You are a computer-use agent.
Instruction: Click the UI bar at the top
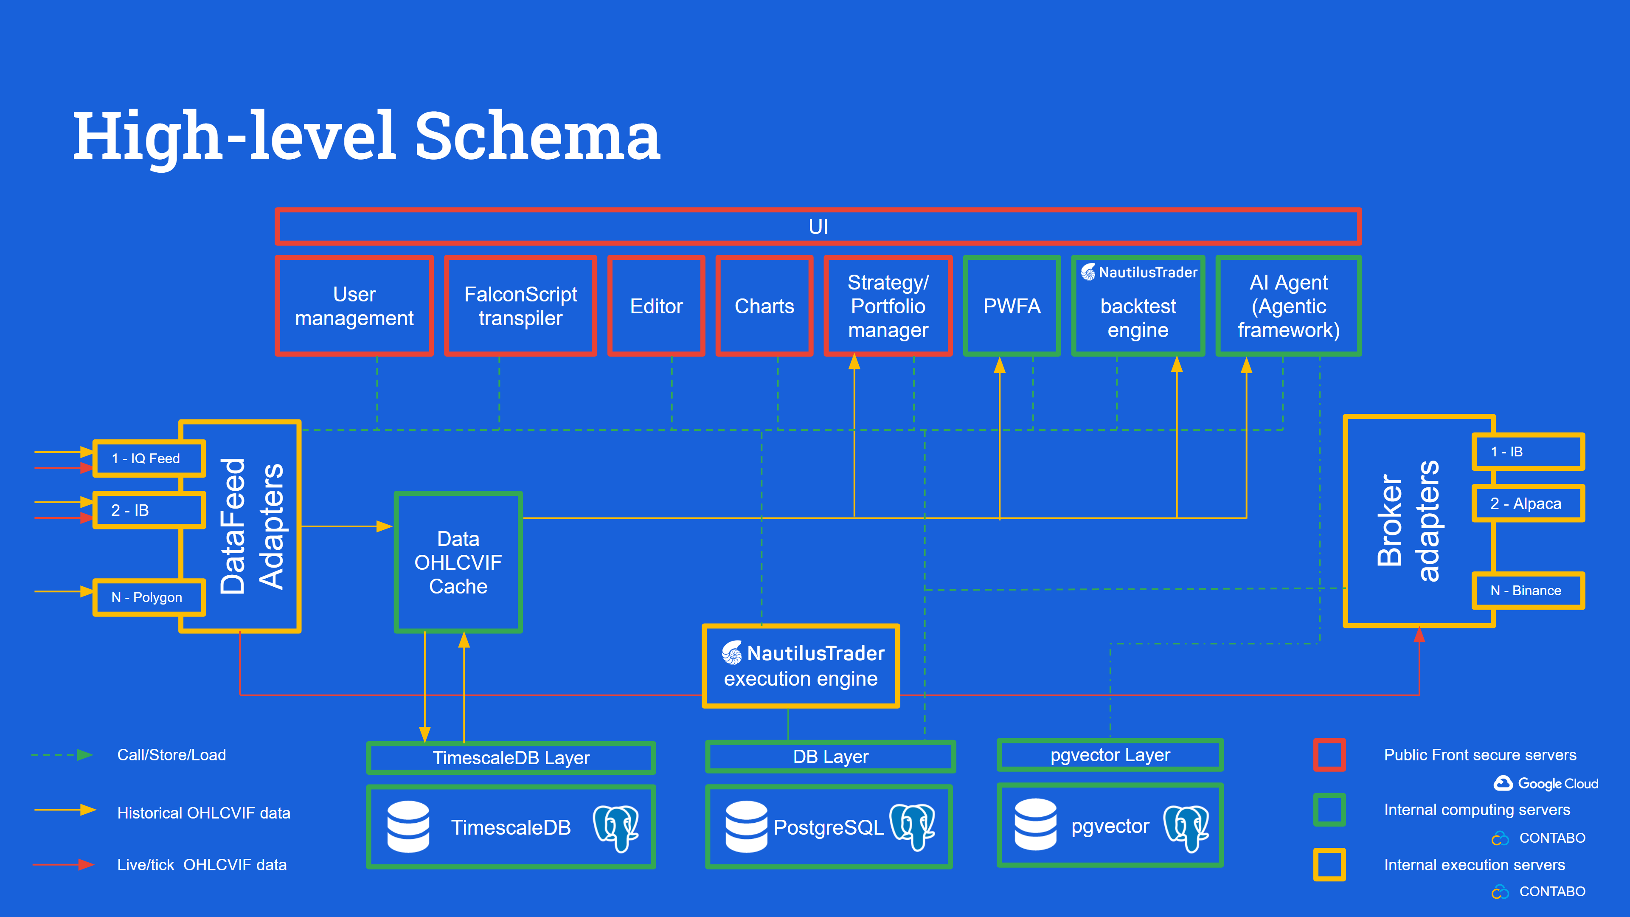(818, 227)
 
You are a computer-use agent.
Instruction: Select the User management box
(354, 306)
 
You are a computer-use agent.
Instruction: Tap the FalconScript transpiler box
(520, 306)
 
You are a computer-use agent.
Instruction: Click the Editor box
(656, 306)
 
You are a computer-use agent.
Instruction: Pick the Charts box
(764, 306)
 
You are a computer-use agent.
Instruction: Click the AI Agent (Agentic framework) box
(1288, 306)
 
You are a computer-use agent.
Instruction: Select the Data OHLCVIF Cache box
(458, 562)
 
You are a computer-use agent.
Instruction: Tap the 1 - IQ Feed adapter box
(149, 458)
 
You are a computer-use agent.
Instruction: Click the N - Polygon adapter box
(149, 597)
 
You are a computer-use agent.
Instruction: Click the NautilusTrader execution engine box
(801, 666)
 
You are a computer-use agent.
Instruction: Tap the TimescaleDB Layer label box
(511, 757)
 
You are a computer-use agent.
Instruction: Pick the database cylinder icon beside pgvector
(1035, 824)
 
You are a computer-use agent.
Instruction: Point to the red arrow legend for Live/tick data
(63, 864)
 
